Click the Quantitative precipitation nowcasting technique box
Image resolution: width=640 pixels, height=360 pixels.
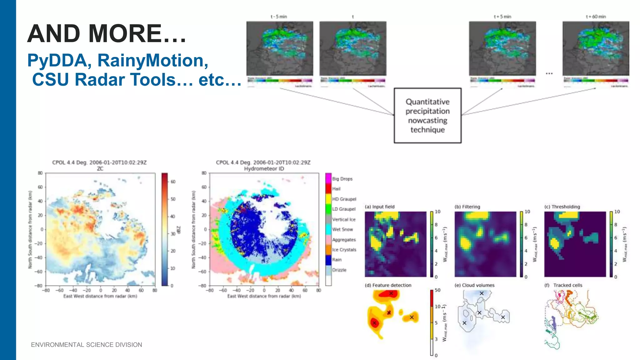click(x=427, y=116)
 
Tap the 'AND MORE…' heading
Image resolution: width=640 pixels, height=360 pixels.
click(x=107, y=34)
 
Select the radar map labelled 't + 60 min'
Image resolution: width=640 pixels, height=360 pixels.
click(x=596, y=48)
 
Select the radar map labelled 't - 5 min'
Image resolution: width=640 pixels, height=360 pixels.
click(x=280, y=48)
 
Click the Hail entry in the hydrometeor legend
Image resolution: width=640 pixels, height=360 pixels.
click(x=336, y=189)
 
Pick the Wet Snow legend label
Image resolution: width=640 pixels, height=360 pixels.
click(x=342, y=229)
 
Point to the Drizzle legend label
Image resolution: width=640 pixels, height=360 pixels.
click(x=339, y=270)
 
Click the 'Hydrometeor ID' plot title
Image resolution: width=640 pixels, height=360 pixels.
click(x=264, y=169)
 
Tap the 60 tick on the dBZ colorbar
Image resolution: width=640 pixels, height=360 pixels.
click(x=173, y=182)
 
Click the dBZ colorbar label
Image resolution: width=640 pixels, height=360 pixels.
click(x=179, y=230)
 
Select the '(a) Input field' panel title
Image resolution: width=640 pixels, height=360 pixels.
click(x=379, y=207)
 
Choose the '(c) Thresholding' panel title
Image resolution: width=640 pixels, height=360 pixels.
click(x=562, y=207)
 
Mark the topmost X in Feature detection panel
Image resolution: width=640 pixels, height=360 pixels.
click(x=391, y=293)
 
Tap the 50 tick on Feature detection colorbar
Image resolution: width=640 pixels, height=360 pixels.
click(x=437, y=290)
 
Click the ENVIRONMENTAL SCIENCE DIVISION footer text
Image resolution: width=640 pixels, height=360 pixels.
click(x=87, y=345)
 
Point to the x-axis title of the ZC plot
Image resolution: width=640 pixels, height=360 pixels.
click(x=100, y=296)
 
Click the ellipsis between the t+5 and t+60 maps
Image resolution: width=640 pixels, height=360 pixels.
click(x=549, y=73)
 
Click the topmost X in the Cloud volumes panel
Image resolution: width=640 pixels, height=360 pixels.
click(x=482, y=293)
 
